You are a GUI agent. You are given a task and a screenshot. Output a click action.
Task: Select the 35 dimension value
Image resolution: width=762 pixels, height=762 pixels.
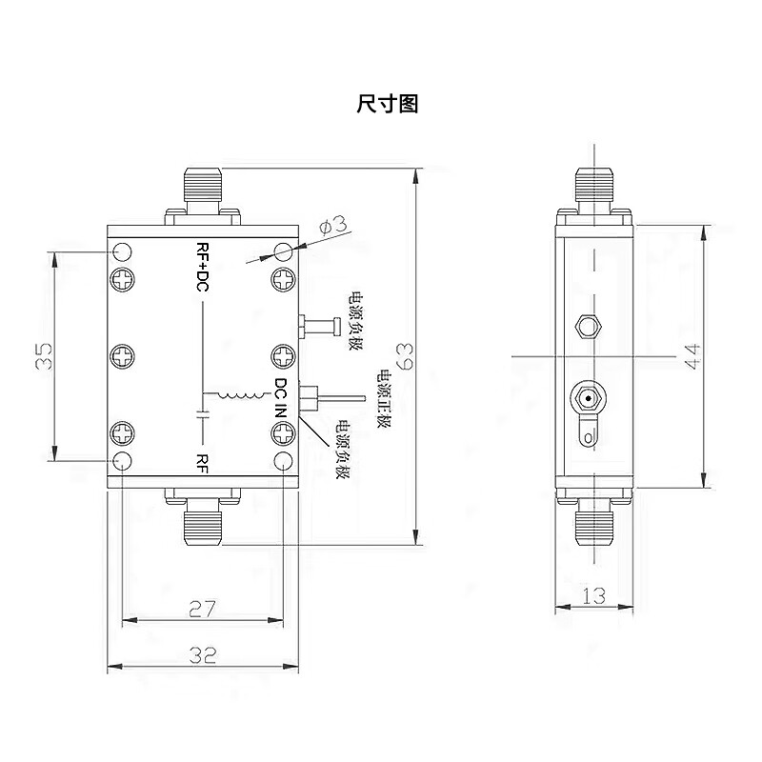point(43,356)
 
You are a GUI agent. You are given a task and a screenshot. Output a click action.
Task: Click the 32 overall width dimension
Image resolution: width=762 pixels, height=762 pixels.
point(203,655)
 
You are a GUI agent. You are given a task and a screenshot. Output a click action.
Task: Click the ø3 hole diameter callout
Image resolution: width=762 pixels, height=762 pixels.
point(333,227)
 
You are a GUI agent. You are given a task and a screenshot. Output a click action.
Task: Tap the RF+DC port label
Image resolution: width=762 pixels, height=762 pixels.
point(201,266)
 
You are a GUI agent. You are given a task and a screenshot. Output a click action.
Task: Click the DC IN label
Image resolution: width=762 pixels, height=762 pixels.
point(281,398)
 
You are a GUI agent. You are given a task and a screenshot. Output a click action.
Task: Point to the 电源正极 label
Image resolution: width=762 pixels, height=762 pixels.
point(386,400)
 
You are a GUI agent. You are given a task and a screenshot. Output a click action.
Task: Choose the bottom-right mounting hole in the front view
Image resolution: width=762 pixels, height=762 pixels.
point(284,462)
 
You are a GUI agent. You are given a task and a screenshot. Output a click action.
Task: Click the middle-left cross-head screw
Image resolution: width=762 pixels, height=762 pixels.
point(123,356)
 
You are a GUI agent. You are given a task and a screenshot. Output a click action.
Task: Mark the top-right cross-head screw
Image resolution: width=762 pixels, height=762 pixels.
point(284,279)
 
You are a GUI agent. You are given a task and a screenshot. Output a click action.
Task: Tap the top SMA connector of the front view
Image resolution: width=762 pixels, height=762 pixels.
point(202,190)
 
